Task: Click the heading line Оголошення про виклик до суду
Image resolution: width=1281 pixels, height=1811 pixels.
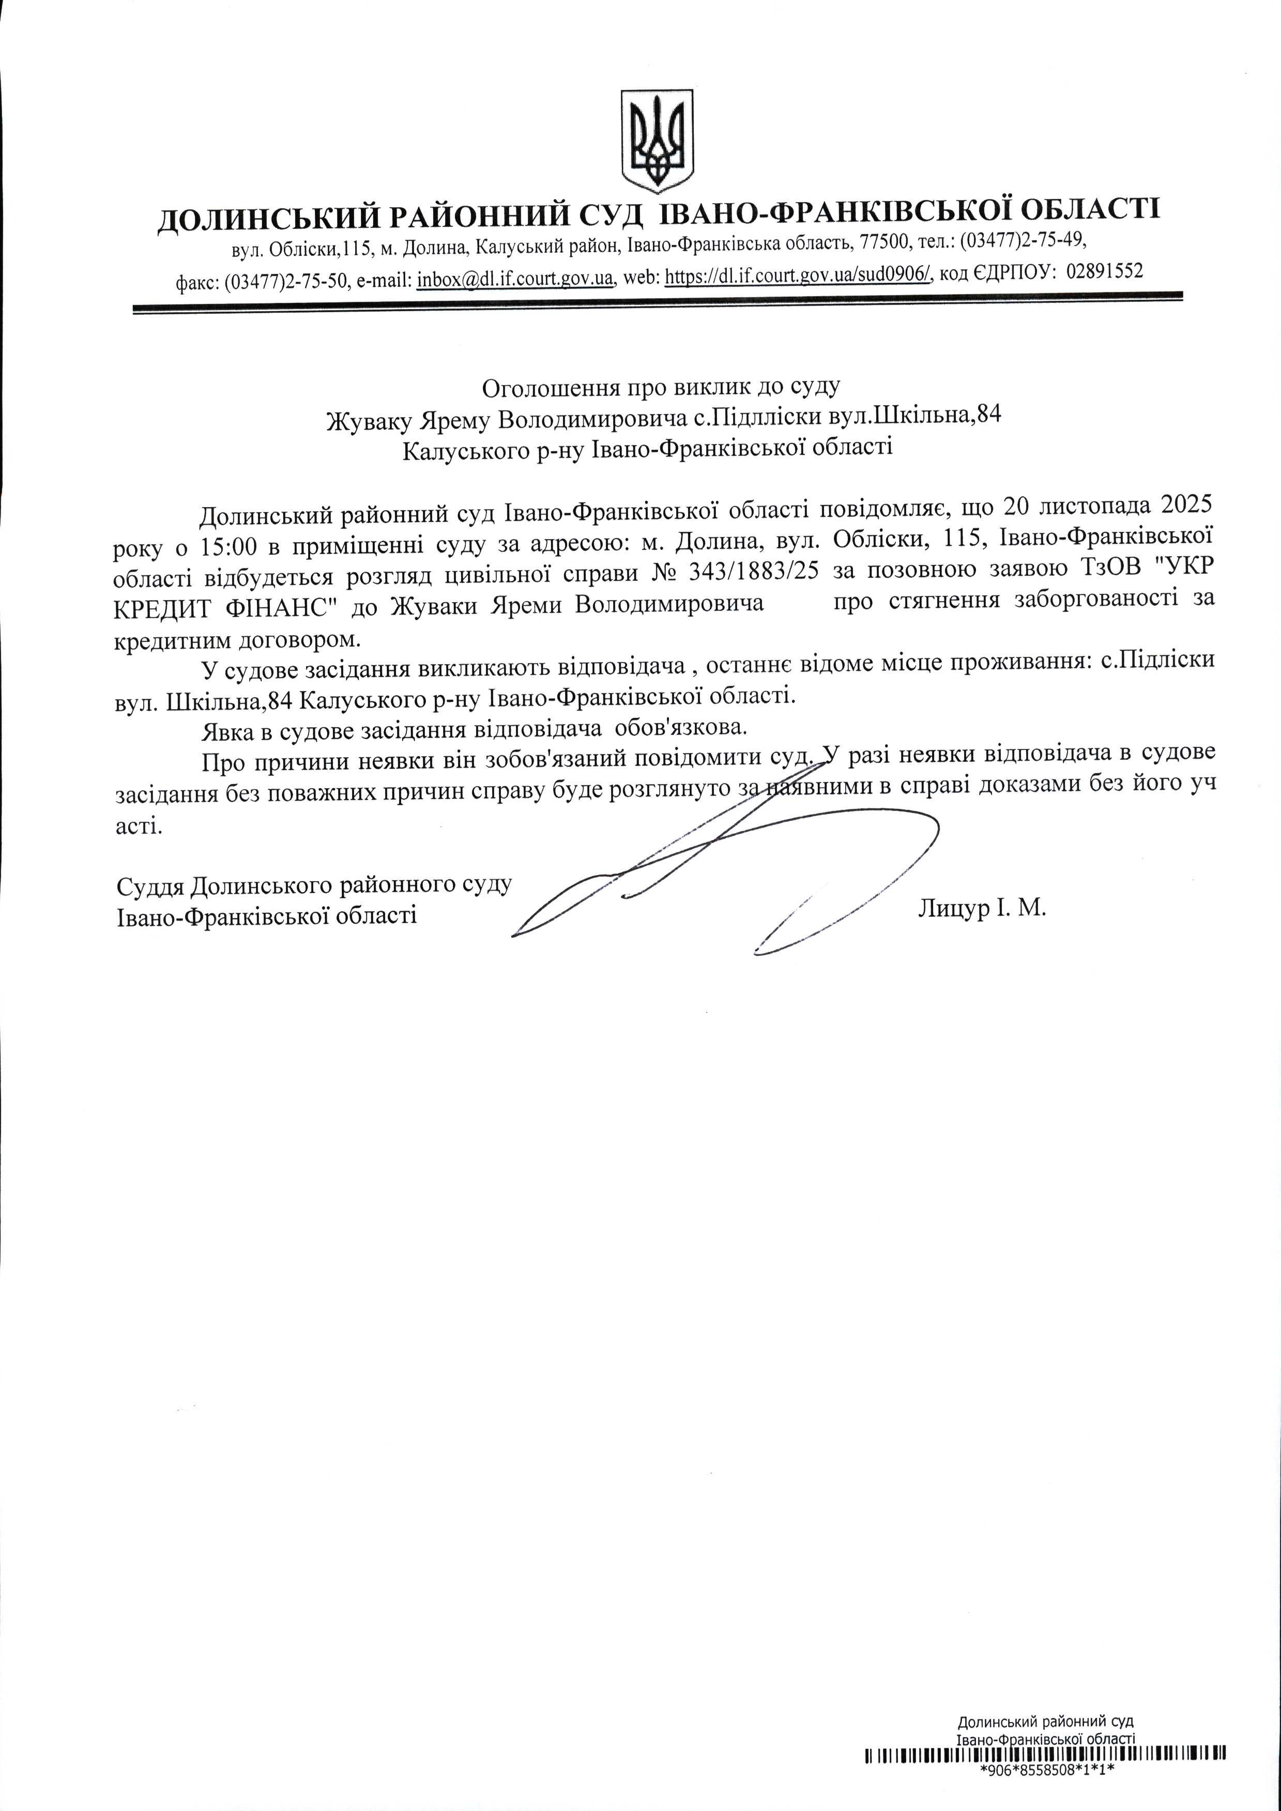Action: click(662, 387)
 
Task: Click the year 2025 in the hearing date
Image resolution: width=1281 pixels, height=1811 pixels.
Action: click(1179, 502)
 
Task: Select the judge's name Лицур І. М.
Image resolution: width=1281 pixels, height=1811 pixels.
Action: click(981, 908)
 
